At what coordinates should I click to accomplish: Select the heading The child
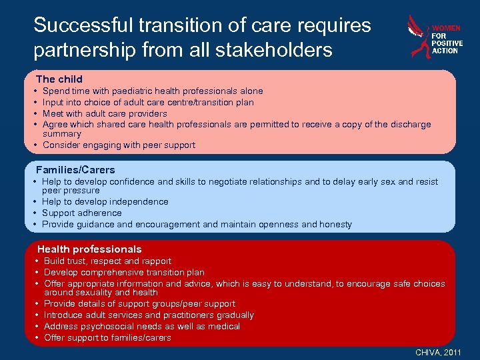pyautogui.click(x=59, y=79)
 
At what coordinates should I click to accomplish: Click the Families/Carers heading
pyautogui.click(x=75, y=169)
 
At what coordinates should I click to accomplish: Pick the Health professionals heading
pyautogui.click(x=89, y=249)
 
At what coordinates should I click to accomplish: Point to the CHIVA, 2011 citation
pyautogui.click(x=438, y=351)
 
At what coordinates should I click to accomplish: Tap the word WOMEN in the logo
pyautogui.click(x=446, y=28)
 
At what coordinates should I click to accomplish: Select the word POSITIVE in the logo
pyautogui.click(x=447, y=43)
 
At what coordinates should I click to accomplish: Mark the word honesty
pyautogui.click(x=335, y=224)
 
